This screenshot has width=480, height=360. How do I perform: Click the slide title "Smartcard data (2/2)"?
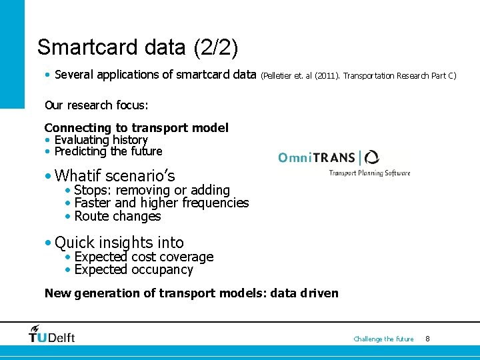(x=138, y=47)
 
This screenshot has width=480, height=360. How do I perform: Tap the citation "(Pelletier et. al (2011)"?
(x=301, y=76)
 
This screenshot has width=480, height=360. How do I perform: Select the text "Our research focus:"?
(x=96, y=105)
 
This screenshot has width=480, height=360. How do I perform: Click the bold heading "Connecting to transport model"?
(x=136, y=127)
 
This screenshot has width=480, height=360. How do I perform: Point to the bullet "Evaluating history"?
(x=101, y=139)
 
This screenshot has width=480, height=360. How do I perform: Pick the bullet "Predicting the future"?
(x=108, y=151)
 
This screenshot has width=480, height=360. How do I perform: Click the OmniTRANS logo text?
(x=317, y=158)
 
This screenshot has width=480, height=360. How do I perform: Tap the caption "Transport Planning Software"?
(x=369, y=173)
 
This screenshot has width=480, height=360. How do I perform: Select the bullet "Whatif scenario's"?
(x=115, y=176)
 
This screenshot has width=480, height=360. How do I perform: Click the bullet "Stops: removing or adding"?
(x=152, y=191)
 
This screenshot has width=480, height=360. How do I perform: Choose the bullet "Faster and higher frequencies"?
(x=161, y=203)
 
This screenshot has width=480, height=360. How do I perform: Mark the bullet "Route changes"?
(x=117, y=216)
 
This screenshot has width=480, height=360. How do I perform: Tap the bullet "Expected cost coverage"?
(x=143, y=257)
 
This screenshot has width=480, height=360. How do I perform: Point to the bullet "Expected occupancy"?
(x=133, y=270)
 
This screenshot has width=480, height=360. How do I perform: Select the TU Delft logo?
(x=51, y=335)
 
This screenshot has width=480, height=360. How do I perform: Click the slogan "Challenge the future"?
(x=383, y=339)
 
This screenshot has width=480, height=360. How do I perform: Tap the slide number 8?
(x=427, y=339)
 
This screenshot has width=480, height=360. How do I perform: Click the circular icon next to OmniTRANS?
(x=371, y=157)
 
